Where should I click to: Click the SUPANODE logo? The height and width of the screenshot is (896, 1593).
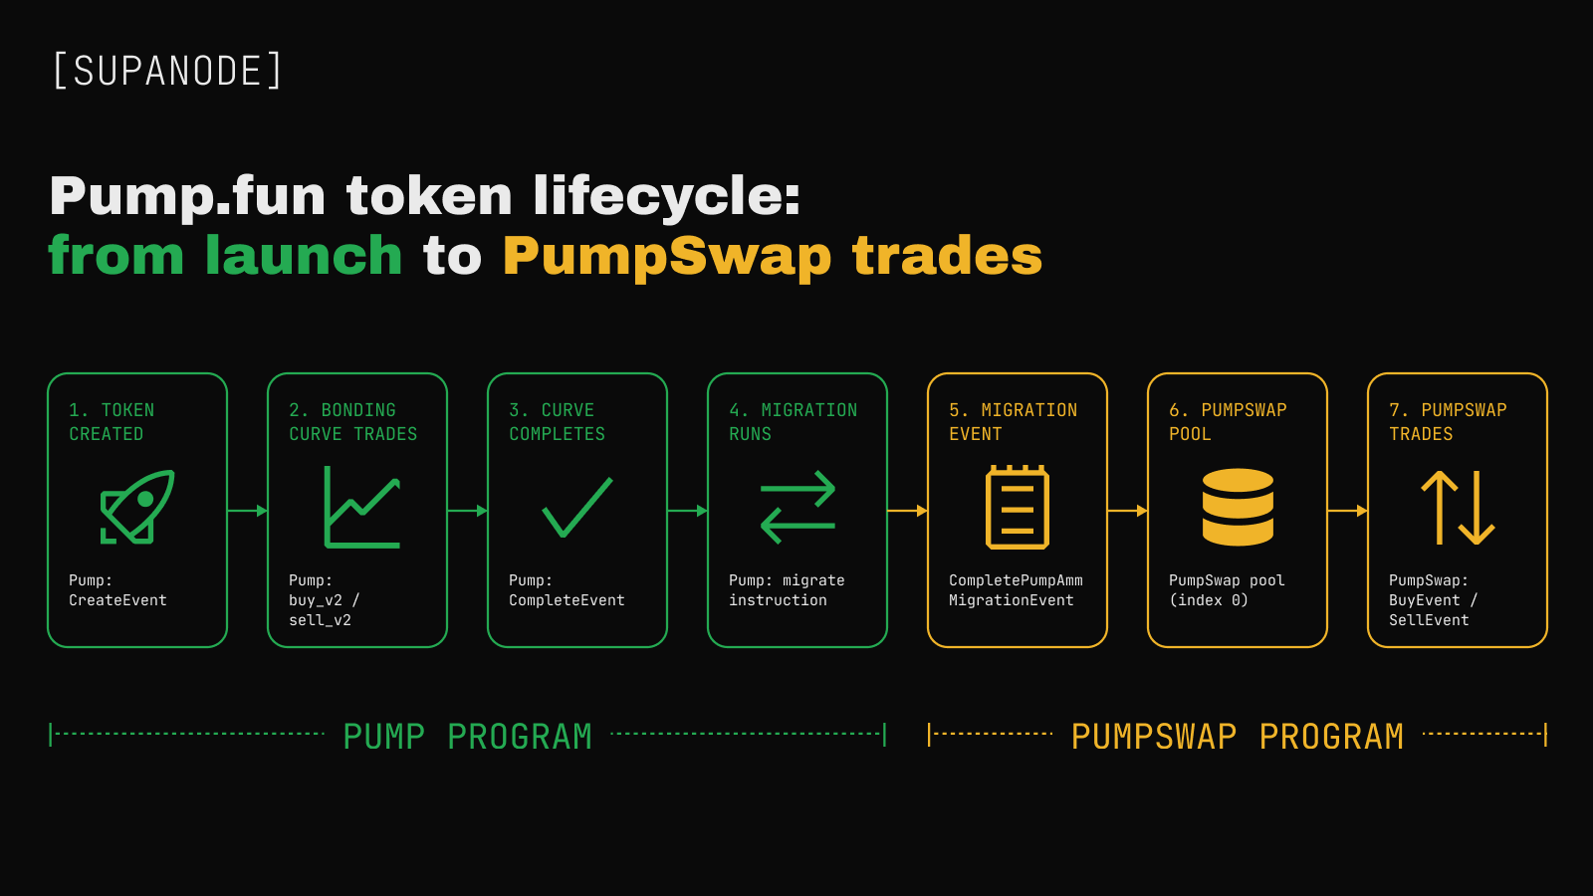pyautogui.click(x=168, y=71)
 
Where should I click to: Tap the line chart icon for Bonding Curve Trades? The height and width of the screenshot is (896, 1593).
pyautogui.click(x=362, y=507)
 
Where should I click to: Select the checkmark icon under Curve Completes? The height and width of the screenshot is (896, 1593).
pyautogui.click(x=576, y=507)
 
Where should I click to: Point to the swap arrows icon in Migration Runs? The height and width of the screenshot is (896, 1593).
pyautogui.click(x=797, y=507)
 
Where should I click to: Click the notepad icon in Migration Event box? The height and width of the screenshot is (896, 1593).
pyautogui.click(x=1017, y=507)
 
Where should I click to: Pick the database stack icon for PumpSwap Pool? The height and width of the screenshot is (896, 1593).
pyautogui.click(x=1238, y=507)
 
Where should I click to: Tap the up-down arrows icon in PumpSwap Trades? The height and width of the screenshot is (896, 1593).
pyautogui.click(x=1458, y=507)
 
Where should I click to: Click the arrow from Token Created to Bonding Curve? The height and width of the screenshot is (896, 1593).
pyautogui.click(x=248, y=511)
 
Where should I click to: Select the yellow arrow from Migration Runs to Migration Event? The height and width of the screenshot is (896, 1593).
pyautogui.click(x=907, y=511)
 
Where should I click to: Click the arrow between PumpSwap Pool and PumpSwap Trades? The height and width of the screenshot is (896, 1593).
pyautogui.click(x=1348, y=511)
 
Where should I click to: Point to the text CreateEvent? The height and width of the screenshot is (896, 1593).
pyautogui.click(x=118, y=600)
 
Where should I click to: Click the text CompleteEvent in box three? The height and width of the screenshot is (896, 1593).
pyautogui.click(x=567, y=600)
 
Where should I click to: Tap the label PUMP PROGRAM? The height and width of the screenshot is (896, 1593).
pyautogui.click(x=467, y=736)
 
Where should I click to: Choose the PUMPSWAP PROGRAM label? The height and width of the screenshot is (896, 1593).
pyautogui.click(x=1238, y=736)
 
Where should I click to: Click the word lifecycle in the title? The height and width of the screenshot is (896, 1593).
pyautogui.click(x=666, y=195)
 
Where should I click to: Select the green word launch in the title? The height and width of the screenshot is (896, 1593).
pyautogui.click(x=304, y=255)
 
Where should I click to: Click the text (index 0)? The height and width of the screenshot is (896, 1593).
pyautogui.click(x=1209, y=600)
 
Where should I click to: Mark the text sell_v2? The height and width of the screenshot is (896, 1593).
pyautogui.click(x=320, y=620)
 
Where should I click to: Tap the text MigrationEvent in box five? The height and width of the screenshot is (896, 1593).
pyautogui.click(x=1012, y=600)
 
